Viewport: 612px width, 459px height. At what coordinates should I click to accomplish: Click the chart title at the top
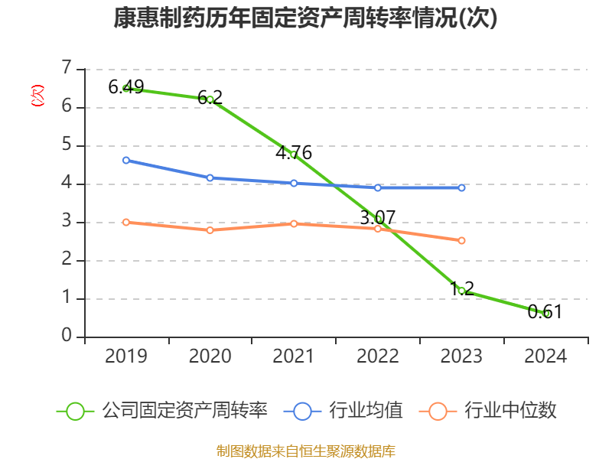[x=305, y=18]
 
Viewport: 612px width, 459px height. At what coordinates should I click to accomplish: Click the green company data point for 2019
[x=126, y=88]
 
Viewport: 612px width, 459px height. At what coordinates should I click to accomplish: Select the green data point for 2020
[x=210, y=99]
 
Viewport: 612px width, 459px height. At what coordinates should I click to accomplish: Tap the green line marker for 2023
[x=462, y=291]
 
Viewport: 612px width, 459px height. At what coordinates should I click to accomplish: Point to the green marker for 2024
[x=546, y=313]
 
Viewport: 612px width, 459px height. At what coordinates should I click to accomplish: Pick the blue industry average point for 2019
[x=126, y=160]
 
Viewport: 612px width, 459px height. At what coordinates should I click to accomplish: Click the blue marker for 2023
[x=462, y=187]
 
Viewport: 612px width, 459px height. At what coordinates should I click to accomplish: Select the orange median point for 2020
[x=210, y=229]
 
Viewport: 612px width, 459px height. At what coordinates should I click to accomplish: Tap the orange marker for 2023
[x=462, y=240]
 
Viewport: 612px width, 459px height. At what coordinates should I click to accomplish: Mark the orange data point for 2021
[x=294, y=223]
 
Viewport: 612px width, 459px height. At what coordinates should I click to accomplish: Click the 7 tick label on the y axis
[x=67, y=69]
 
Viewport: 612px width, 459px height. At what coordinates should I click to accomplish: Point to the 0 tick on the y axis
[x=67, y=337]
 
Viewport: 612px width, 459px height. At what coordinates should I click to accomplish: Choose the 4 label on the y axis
[x=67, y=184]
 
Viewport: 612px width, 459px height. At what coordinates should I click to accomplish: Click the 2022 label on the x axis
[x=378, y=356]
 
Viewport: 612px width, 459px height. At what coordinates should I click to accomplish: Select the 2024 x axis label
[x=546, y=356]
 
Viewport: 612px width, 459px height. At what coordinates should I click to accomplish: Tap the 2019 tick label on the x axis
[x=126, y=356]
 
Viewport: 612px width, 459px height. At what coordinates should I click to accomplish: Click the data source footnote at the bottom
[x=305, y=451]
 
